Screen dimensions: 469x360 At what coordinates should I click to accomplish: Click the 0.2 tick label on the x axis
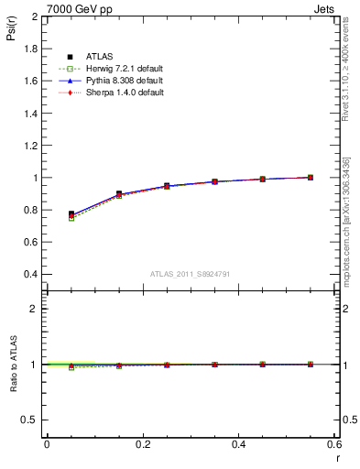[142, 443]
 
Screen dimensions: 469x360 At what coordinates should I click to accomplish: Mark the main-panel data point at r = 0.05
[71, 214]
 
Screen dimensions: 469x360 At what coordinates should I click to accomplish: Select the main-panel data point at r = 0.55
[311, 177]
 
